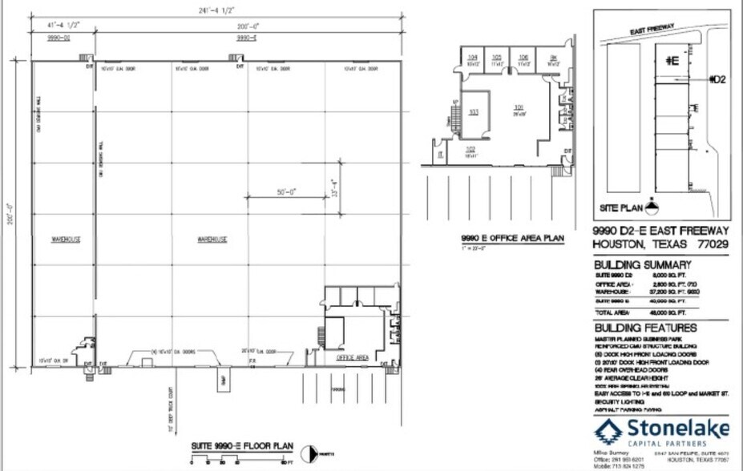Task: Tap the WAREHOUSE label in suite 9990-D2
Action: click(66, 240)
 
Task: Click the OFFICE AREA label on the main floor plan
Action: click(352, 357)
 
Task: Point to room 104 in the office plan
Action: click(472, 58)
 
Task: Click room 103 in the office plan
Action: click(473, 112)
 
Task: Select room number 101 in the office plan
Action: click(518, 107)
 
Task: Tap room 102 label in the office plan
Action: click(470, 150)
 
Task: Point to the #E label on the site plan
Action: click(671, 59)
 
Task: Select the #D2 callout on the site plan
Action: click(718, 79)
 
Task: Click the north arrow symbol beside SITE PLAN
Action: click(653, 204)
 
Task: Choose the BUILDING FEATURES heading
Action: click(644, 328)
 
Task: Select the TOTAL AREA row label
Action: click(613, 312)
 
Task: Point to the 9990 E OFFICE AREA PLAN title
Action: click(512, 238)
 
